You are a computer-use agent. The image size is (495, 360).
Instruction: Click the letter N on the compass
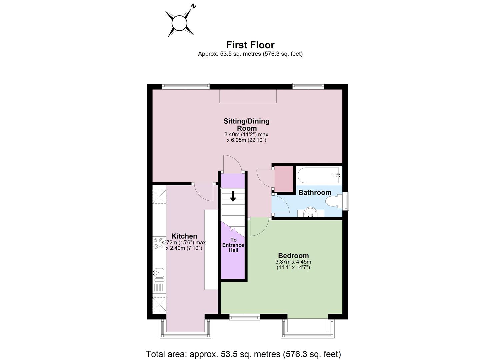[194, 6]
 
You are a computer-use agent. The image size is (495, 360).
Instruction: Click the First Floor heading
[250, 45]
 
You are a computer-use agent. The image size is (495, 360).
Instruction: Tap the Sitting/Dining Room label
[246, 125]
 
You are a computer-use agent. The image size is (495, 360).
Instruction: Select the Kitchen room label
[184, 236]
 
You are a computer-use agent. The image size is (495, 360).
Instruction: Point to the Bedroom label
[293, 255]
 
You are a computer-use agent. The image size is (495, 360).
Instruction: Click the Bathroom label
[315, 192]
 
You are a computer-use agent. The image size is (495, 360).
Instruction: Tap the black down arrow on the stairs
[233, 196]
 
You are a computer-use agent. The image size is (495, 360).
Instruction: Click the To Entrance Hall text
[233, 245]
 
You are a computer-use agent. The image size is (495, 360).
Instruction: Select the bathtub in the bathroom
[319, 175]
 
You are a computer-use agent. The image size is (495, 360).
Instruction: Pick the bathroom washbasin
[310, 212]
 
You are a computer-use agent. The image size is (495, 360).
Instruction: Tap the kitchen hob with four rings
[159, 243]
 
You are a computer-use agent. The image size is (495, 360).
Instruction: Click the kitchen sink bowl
[159, 273]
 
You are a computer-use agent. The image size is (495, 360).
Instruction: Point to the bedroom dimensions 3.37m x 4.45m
[293, 265]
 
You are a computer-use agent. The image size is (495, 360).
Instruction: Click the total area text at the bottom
[243, 354]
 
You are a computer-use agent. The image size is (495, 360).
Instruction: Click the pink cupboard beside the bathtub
[284, 179]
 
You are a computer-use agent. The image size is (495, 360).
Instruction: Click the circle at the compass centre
[179, 23]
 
